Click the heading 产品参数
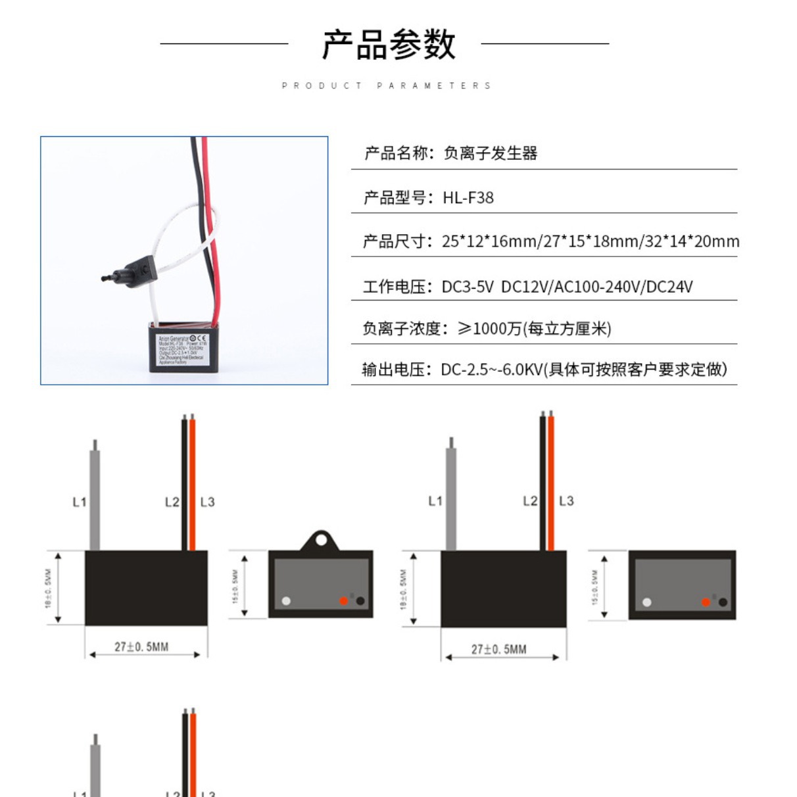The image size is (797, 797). [x=388, y=45]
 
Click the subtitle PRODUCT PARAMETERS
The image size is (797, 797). [x=387, y=85]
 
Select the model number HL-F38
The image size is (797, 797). [x=468, y=198]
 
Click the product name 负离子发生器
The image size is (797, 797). [x=491, y=154]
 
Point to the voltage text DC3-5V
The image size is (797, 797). [x=468, y=287]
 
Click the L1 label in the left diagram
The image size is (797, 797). [x=80, y=502]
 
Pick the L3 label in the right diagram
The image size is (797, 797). [x=566, y=501]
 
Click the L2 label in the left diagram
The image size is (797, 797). [x=172, y=502]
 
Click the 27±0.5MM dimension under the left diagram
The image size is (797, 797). [x=141, y=647]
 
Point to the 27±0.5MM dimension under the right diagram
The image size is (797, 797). [x=498, y=650]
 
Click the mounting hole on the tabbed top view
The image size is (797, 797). [x=321, y=540]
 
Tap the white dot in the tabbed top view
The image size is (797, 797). [x=286, y=601]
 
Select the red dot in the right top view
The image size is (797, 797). [x=706, y=602]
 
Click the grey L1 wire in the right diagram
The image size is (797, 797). [x=451, y=500]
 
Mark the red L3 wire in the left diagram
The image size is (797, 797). [x=193, y=487]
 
